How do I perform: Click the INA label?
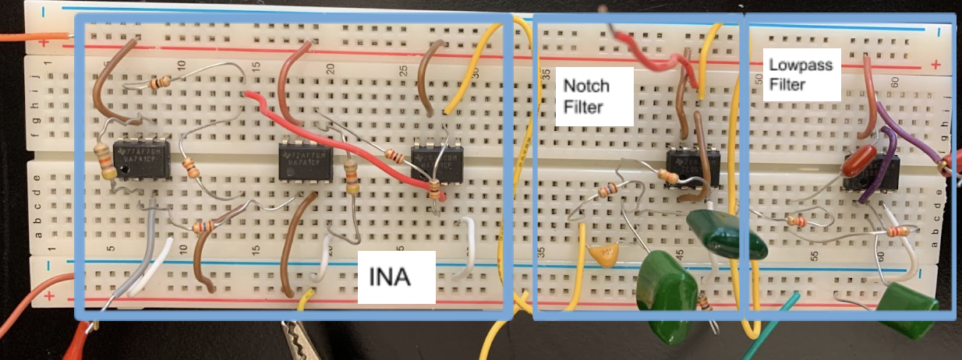pos(396,276)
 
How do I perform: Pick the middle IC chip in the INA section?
pos(306,162)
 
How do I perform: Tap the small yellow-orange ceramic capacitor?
pos(604,254)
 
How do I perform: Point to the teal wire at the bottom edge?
pos(772,327)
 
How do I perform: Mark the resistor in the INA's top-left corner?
pos(159,82)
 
